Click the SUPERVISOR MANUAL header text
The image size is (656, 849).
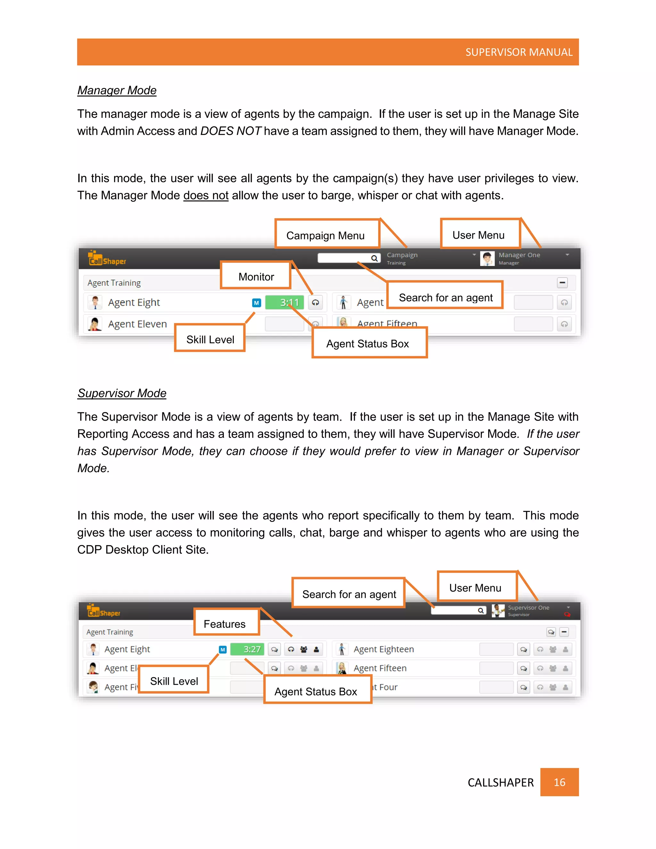[519, 52]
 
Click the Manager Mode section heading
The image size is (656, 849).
[117, 90]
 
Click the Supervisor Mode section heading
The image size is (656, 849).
[122, 393]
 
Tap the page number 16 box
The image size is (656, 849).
[559, 782]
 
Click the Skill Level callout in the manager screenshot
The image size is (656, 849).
[210, 339]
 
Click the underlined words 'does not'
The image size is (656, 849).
[206, 195]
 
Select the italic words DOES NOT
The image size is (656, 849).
[230, 131]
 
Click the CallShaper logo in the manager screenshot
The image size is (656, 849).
[106, 258]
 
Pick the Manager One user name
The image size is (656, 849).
[519, 255]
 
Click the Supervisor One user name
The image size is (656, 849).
[528, 607]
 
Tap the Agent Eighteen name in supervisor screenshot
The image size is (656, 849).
[383, 649]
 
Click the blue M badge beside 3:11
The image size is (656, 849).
[257, 303]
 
